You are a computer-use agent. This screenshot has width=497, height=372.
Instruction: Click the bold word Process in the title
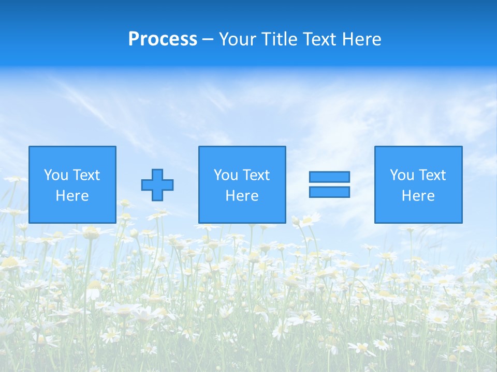(163, 39)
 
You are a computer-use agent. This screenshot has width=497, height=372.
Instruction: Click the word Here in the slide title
(362, 39)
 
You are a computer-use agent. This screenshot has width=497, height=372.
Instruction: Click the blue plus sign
(157, 184)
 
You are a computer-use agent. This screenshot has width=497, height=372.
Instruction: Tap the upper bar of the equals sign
(329, 177)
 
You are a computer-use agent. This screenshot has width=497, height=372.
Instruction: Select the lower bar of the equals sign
(329, 192)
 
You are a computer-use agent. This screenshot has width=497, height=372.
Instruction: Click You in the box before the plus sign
(56, 175)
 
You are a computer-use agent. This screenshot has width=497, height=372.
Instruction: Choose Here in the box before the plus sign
(72, 196)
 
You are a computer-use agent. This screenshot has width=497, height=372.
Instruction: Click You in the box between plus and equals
(226, 175)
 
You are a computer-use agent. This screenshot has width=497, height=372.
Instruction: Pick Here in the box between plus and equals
(242, 196)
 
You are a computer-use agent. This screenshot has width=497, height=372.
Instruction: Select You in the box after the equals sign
(402, 175)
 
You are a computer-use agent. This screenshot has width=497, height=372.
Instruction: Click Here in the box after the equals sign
(418, 196)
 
